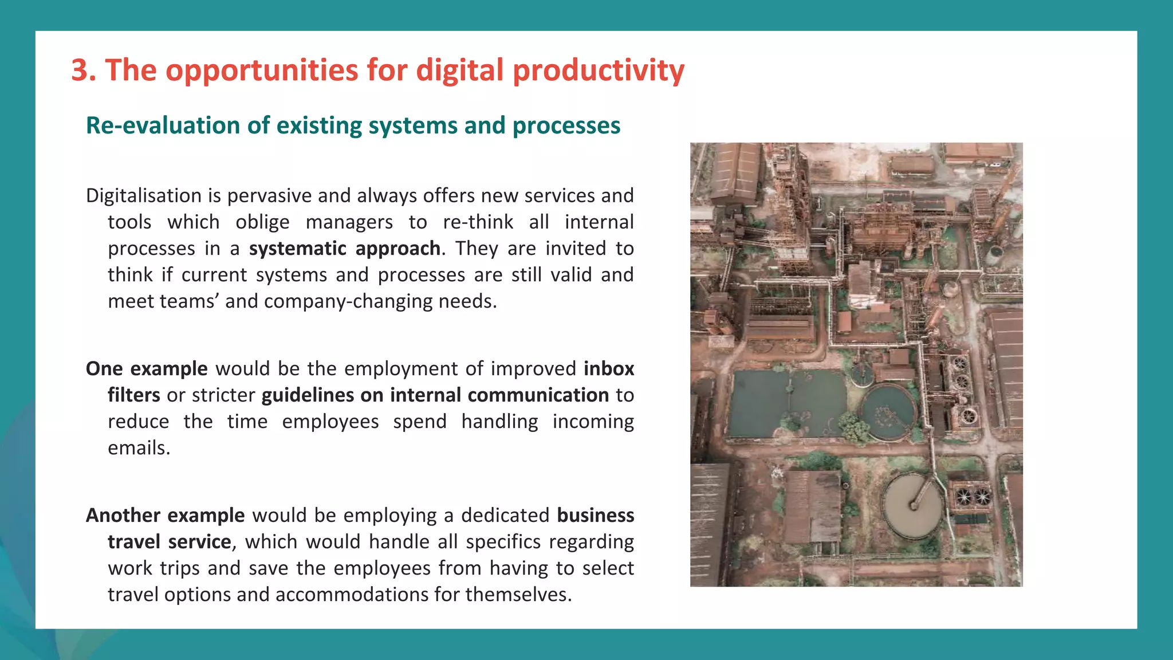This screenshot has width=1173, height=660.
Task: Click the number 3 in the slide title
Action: [80, 70]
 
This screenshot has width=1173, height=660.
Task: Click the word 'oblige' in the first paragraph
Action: [262, 222]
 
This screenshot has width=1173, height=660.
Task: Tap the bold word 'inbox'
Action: [609, 369]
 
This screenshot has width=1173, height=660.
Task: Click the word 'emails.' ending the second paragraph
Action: [139, 448]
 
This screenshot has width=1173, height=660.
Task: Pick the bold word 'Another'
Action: [123, 516]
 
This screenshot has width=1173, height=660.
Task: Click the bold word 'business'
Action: [595, 516]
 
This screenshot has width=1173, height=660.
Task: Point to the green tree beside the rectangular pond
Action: [853, 427]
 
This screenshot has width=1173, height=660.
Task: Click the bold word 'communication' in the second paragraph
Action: [538, 395]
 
